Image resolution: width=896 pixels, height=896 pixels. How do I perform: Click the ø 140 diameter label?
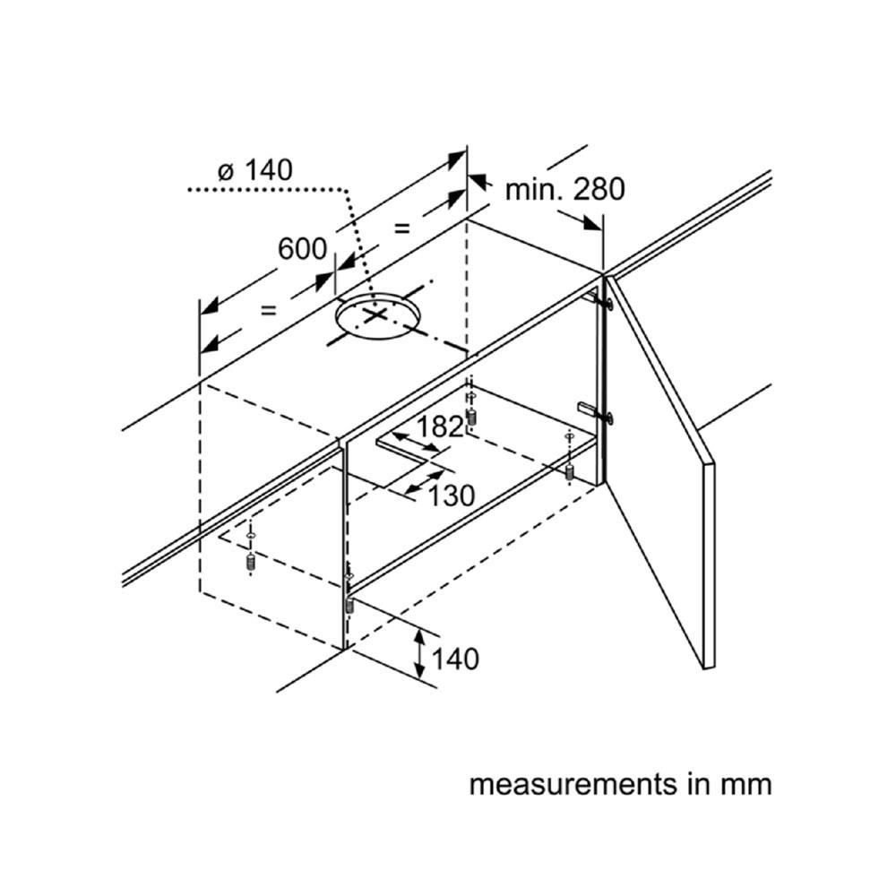click(255, 170)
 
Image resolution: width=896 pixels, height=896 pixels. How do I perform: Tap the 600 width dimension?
click(302, 248)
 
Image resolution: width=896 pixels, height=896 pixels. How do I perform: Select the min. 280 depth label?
click(565, 189)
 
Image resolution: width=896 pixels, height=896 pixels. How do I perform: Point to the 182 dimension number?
click(440, 426)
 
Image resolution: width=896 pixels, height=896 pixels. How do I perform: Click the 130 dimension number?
click(452, 495)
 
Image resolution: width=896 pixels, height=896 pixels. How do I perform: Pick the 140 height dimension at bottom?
click(455, 659)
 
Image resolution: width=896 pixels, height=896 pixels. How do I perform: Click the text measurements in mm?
click(621, 784)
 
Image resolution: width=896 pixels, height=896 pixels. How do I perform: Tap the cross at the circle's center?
click(375, 314)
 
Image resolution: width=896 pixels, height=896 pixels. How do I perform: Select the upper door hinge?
click(598, 300)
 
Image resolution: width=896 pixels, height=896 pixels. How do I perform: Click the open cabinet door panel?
click(660, 472)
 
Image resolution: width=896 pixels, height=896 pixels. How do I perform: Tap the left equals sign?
click(269, 310)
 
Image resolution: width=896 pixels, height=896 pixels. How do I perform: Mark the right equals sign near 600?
click(402, 228)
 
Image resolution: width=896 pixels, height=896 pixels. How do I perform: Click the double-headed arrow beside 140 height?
click(420, 653)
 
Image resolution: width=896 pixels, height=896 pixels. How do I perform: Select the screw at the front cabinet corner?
click(349, 604)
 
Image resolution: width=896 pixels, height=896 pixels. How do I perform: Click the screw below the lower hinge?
click(569, 472)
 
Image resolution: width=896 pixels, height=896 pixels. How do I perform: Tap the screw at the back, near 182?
click(471, 417)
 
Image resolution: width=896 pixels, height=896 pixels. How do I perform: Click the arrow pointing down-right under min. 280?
click(580, 220)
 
